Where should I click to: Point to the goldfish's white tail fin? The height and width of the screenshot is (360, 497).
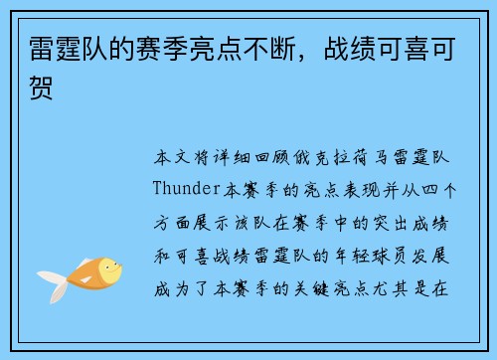coord(50,283)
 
